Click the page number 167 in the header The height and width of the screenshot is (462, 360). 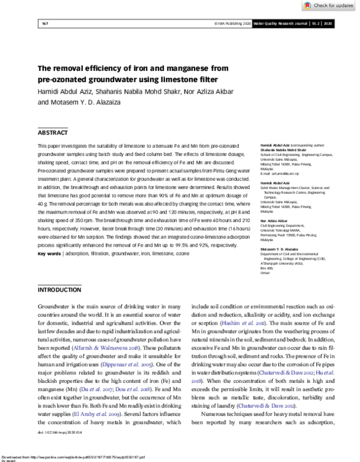tap(44, 23)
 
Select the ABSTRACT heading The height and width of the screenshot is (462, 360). tap(53, 131)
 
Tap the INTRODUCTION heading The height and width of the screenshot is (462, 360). tap(59, 289)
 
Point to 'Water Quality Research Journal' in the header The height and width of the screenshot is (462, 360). tap(281, 23)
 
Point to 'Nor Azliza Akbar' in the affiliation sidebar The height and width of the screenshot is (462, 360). tap(271, 221)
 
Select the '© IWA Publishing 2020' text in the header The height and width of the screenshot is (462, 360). tap(233, 23)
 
